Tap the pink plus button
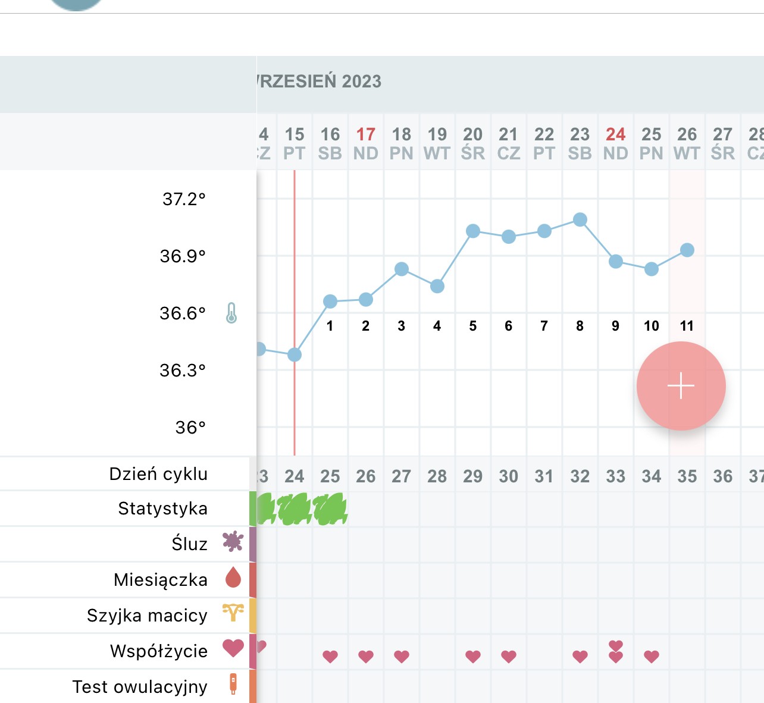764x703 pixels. (681, 386)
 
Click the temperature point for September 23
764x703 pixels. (580, 220)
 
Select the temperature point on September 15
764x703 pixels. (295, 355)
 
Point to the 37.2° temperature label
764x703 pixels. (184, 199)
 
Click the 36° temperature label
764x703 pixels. (190, 427)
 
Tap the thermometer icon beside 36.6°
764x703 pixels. (231, 313)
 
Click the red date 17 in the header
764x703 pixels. (366, 135)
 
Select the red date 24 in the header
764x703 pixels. (616, 135)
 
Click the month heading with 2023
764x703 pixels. (320, 81)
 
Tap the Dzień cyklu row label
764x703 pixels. (158, 474)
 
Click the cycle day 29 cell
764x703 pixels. (473, 476)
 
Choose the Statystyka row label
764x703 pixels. (162, 509)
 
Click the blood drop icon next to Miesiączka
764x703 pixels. (233, 578)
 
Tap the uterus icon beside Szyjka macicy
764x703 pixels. (233, 612)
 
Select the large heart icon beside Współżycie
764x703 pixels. (233, 648)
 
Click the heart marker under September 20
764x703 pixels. (473, 657)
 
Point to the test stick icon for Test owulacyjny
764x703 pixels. (233, 683)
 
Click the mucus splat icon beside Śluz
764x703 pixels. (233, 541)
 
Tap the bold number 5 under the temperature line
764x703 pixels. (473, 326)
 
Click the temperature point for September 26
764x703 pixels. (687, 250)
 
